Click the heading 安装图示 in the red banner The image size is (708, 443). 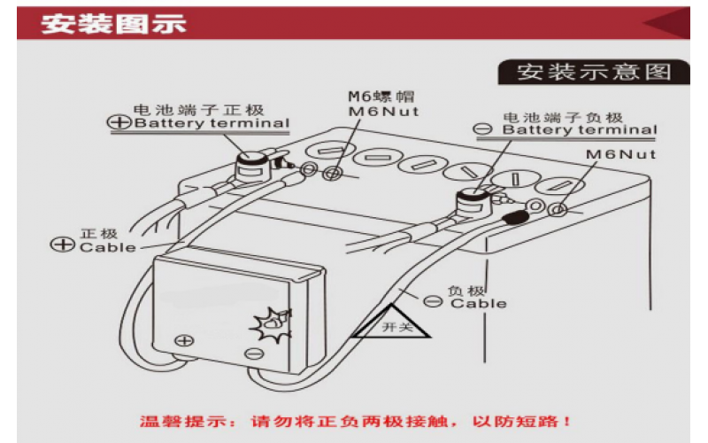113,24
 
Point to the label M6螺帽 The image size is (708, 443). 381,97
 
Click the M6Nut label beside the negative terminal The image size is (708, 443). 620,153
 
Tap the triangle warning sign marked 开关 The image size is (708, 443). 391,322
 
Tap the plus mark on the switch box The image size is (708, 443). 184,339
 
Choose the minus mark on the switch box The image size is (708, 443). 254,354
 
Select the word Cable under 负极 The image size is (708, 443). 479,304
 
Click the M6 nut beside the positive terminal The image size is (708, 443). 334,173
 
